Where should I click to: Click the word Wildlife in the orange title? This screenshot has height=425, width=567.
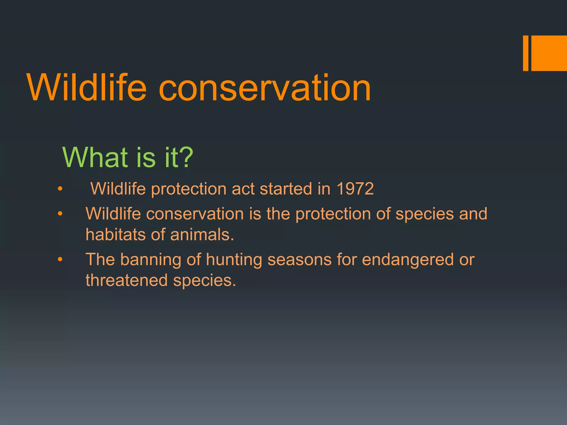coord(87,88)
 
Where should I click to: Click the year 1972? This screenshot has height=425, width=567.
coord(355,189)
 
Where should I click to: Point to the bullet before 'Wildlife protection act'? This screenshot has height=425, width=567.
coord(60,189)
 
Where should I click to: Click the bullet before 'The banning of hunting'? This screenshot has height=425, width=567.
coord(60,260)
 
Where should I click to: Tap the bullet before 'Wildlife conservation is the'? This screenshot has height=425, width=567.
coord(60,214)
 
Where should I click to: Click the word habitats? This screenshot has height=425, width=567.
coord(115,235)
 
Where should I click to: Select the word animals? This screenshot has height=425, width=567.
coord(202,235)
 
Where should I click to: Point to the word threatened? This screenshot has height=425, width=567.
coord(127,280)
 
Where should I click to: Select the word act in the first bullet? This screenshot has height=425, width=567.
coord(243,189)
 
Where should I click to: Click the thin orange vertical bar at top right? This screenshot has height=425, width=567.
coord(525,53)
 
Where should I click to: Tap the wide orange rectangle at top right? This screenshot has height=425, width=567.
coord(549,53)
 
